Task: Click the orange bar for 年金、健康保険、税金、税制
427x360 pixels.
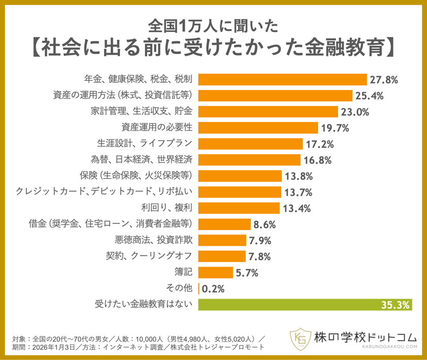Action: point(282,79)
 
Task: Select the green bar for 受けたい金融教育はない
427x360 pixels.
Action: point(305,305)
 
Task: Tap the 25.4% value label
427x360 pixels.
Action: point(369,95)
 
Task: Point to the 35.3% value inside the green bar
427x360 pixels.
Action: point(395,305)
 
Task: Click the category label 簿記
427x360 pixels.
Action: point(184,272)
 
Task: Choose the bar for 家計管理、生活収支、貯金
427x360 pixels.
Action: point(268,112)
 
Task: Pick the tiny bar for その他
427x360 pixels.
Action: point(199,288)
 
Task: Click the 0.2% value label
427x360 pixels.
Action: point(213,289)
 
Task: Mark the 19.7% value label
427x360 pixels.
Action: point(335,128)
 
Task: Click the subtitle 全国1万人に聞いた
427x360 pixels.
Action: point(213,24)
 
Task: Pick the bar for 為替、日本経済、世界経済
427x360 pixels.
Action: point(249,160)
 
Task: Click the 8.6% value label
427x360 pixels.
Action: point(266,224)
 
